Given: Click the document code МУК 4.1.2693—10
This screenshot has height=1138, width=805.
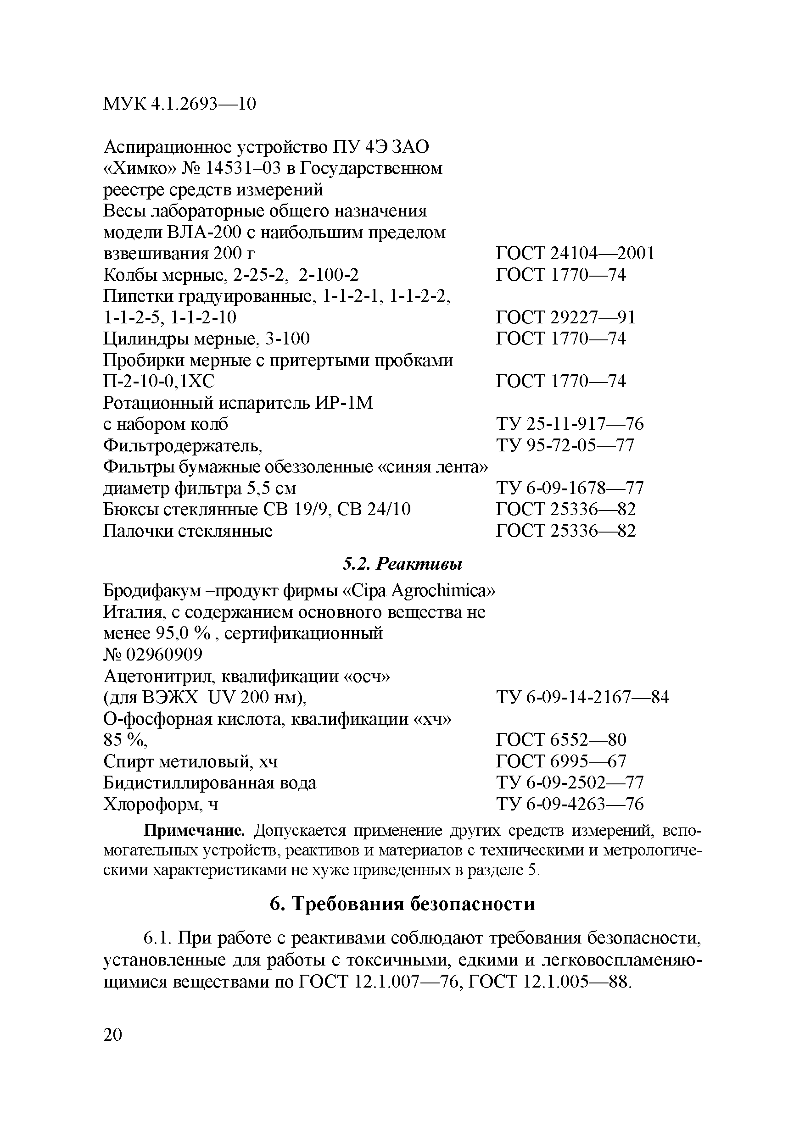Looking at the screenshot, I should pos(179,104).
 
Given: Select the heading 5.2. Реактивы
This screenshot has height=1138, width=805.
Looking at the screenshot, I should pos(402,564).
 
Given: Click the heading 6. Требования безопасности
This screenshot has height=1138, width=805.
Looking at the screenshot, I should pos(402,904).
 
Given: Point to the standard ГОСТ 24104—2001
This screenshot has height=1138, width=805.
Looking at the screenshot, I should pos(576,254).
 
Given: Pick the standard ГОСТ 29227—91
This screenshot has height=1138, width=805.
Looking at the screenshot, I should pos(565,318).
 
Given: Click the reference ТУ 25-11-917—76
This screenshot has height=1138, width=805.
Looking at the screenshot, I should pos(570,424).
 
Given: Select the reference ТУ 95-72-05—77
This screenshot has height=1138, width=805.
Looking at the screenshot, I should pos(565,445).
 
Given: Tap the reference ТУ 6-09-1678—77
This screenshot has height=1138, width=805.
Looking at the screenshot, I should pos(570,489).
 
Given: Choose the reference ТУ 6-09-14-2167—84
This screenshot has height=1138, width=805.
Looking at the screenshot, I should pos(582,698).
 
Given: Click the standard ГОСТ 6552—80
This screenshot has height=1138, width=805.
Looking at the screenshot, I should pos(561,740).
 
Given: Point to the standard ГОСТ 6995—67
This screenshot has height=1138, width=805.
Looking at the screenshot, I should pos(561,762).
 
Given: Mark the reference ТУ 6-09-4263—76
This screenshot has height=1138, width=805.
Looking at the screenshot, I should pos(570,805).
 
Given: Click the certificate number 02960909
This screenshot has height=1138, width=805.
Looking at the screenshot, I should pos(164,655).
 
